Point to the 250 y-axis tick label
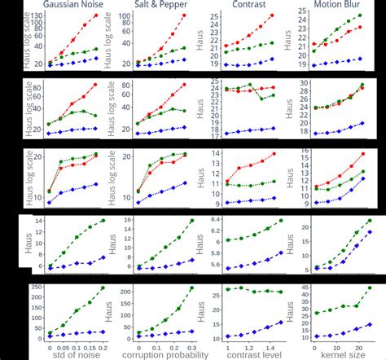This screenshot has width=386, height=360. [37, 288]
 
